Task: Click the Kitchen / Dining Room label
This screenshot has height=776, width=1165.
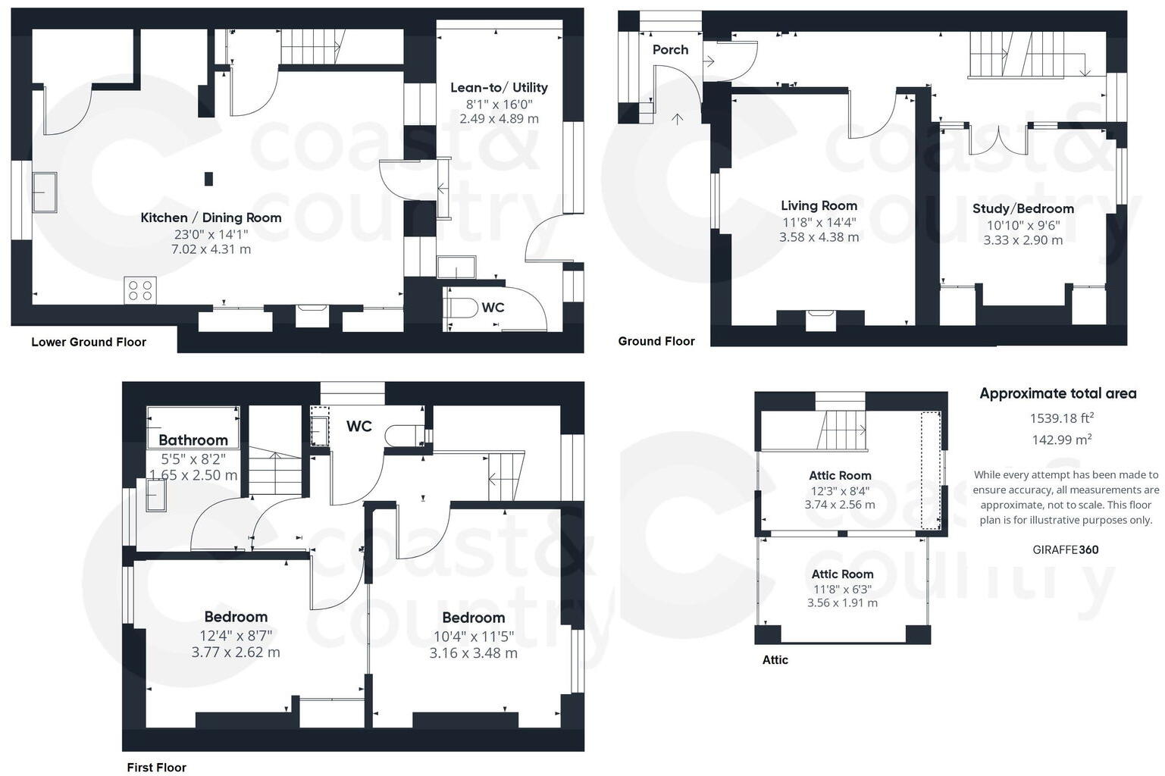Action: (x=211, y=217)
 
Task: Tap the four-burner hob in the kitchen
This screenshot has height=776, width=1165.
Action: (x=140, y=290)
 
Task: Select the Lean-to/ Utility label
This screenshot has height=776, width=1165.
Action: (x=499, y=87)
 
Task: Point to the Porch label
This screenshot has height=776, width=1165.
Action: (x=670, y=50)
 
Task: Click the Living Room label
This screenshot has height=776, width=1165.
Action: (x=819, y=205)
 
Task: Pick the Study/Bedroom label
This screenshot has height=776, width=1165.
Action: (x=1023, y=208)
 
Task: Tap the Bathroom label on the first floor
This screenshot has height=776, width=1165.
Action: (x=193, y=440)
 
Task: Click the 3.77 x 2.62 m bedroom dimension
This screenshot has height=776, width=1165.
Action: (x=236, y=652)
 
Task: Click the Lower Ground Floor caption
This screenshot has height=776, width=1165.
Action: (x=89, y=342)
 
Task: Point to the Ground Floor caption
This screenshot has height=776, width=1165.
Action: (x=656, y=341)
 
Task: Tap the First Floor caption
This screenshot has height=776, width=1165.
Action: (x=156, y=768)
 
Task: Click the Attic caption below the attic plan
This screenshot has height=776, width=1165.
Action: (x=775, y=660)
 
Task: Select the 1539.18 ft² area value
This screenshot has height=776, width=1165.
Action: (x=1061, y=418)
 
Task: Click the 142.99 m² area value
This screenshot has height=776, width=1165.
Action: (x=1061, y=440)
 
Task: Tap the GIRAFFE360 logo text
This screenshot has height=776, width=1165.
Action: (x=1065, y=550)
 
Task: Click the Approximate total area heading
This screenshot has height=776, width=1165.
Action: (x=1057, y=393)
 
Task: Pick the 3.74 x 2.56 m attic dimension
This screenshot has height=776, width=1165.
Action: (x=840, y=505)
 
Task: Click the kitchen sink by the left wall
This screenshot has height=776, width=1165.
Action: (x=43, y=192)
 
